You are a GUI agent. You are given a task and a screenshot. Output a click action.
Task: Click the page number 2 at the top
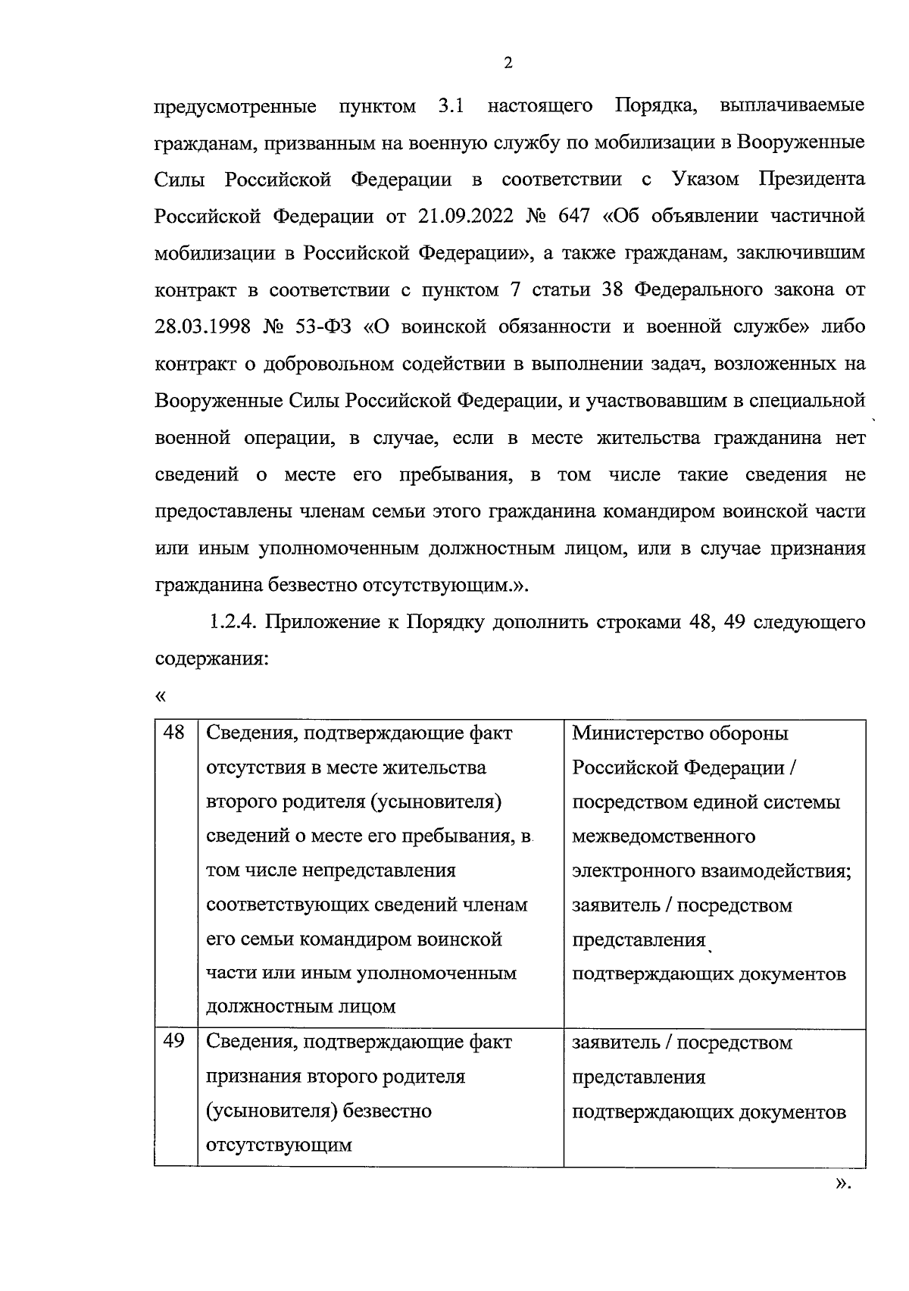pyautogui.click(x=508, y=63)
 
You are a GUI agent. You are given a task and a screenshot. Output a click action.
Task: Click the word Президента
pyautogui.click(x=811, y=179)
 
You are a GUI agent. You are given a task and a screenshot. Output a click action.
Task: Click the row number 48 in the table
pyautogui.click(x=174, y=733)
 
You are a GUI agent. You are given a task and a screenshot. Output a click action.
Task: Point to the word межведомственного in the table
pyautogui.click(x=664, y=836)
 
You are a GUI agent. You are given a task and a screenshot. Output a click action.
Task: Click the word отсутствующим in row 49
pyautogui.click(x=279, y=1145)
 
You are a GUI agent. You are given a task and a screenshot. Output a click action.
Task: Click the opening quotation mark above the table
pyautogui.click(x=160, y=695)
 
